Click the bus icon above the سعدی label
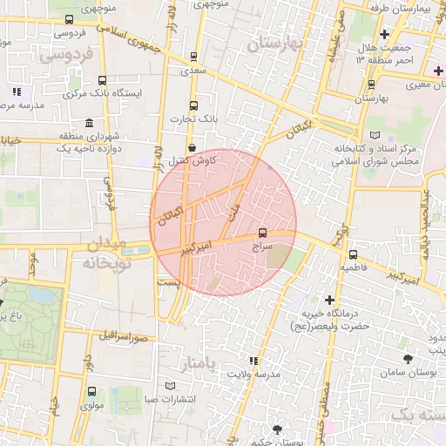[194, 56]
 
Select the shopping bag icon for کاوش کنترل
[191, 147]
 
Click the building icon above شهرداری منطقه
[90, 124]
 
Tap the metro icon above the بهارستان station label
[372, 84]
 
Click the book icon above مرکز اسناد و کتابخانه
[375, 136]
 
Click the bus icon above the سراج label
[263, 233]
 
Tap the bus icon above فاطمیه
[352, 254]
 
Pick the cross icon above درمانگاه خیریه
[329, 300]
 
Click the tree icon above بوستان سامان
[408, 359]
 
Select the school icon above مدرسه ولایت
[253, 361]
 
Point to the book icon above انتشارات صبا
[171, 387]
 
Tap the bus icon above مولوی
[91, 392]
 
